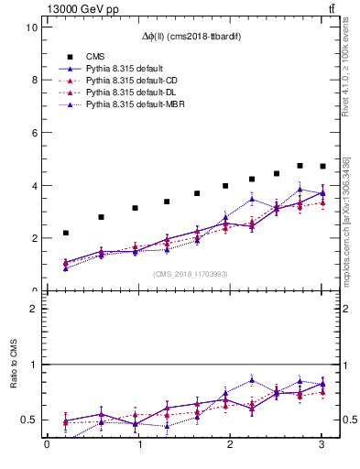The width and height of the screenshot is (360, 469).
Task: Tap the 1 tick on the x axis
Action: click(138, 446)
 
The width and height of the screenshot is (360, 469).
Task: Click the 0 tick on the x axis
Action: click(47, 446)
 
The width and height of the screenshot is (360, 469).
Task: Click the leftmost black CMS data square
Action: click(65, 234)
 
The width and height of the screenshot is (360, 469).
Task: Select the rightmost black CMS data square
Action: click(322, 167)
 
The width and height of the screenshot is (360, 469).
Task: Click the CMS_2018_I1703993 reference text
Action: click(189, 274)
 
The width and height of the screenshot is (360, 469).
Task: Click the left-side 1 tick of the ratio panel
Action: click(34, 365)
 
